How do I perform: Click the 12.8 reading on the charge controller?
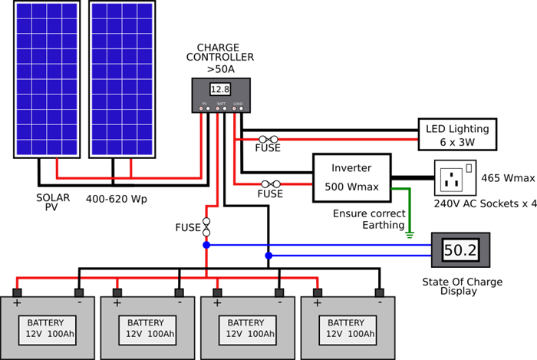220,90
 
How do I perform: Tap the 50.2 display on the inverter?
460,250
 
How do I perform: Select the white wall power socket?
456,177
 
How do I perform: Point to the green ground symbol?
410,235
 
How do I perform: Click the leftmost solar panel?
47,79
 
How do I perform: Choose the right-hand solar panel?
122,79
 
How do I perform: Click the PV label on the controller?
204,103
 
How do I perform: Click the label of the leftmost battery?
45,329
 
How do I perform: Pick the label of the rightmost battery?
346,329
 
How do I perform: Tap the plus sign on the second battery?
117,303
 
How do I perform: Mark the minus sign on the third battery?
280,303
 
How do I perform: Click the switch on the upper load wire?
268,140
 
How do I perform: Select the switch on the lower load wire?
270,184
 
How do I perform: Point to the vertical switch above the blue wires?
206,226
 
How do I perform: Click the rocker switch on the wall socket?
469,167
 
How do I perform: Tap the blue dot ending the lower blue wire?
268,256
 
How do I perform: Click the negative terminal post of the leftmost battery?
78,292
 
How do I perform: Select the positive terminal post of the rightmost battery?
317,292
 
